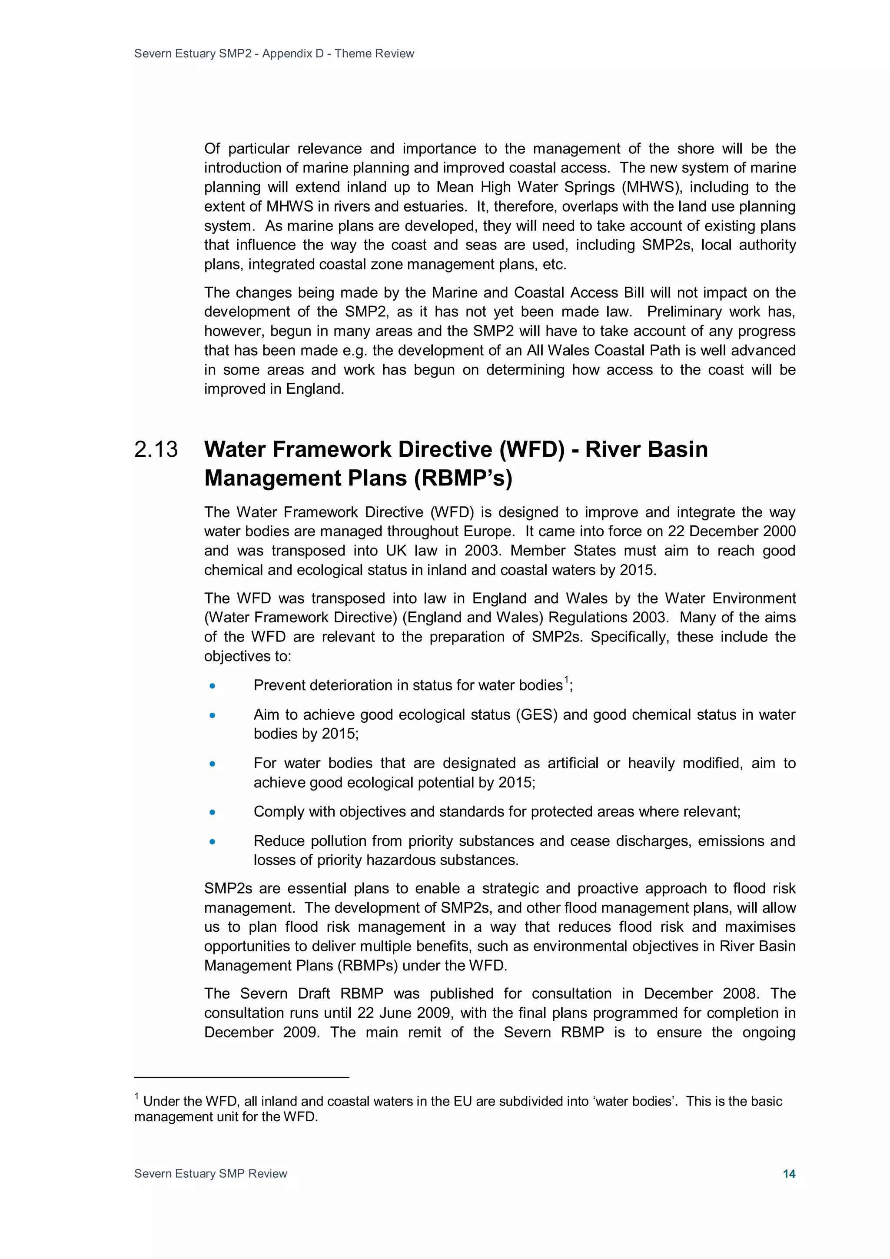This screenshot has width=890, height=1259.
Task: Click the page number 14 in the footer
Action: click(x=789, y=1173)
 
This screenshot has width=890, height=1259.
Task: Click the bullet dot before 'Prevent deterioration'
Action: click(x=212, y=686)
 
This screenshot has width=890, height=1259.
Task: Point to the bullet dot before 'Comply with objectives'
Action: click(x=212, y=812)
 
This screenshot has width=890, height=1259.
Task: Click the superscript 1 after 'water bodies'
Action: click(x=567, y=681)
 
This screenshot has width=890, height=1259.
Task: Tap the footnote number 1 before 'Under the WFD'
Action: click(x=136, y=1097)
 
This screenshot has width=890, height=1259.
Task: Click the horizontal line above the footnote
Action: click(x=241, y=1077)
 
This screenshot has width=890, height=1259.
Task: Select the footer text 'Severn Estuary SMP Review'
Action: click(x=211, y=1173)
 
